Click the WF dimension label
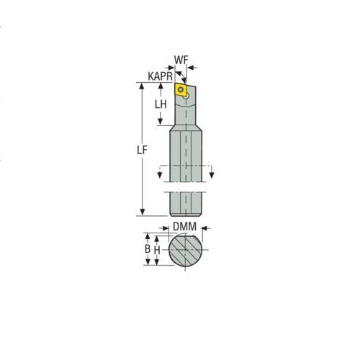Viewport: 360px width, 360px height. [183, 60]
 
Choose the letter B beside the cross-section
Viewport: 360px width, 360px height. [148, 248]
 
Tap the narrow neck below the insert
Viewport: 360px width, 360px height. [188, 112]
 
